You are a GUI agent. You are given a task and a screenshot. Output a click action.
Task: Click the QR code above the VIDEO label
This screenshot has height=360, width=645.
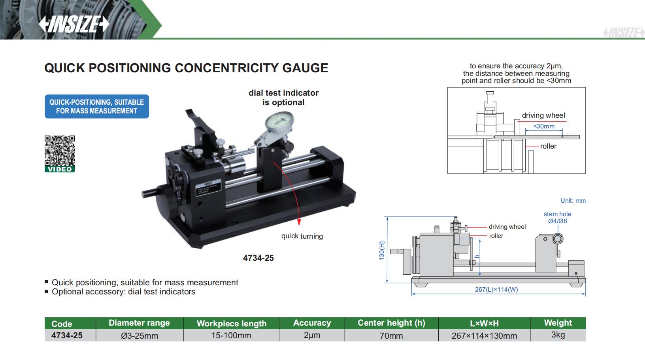point(59,151)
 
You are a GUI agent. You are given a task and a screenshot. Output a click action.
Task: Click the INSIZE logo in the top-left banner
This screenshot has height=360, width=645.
point(74,25)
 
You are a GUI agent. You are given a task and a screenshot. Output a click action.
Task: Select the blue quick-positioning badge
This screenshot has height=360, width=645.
point(96,106)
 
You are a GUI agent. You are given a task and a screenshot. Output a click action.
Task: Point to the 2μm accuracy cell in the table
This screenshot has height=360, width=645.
point(312,335)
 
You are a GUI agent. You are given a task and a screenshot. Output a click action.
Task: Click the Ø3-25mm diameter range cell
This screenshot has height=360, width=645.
point(139,335)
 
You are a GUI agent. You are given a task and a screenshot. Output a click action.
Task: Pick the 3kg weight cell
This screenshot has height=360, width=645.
point(558,335)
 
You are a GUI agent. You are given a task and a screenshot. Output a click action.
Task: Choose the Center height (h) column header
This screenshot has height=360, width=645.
point(391,323)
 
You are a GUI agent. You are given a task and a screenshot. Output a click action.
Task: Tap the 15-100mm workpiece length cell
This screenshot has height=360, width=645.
point(231,335)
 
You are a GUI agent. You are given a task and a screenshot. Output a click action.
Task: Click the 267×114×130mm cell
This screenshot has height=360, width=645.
point(484,335)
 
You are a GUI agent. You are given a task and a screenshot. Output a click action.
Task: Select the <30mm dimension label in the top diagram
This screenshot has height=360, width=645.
point(544,126)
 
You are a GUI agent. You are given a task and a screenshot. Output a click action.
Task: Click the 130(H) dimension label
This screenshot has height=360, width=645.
point(381,250)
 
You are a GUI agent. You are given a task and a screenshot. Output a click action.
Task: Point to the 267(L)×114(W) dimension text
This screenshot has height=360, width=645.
point(496,289)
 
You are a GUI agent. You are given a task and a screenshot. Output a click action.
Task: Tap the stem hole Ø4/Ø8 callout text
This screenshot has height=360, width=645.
point(557,218)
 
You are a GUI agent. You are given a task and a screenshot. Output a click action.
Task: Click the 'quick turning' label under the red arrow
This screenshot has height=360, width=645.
point(302,236)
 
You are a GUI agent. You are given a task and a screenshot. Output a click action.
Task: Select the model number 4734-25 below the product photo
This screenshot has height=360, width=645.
point(258,258)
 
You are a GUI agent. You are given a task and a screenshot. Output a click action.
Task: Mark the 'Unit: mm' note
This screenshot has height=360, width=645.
point(573,201)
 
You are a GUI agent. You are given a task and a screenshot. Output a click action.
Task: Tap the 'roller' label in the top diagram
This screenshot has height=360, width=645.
point(548,146)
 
